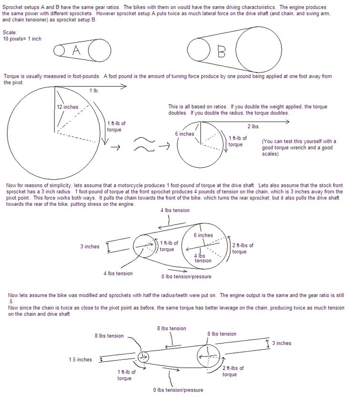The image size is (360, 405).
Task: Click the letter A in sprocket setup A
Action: (x=76, y=51)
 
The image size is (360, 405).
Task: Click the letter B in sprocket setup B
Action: (x=221, y=51)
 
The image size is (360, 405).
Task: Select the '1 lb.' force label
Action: (x=94, y=91)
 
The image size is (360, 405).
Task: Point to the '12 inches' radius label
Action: (x=67, y=107)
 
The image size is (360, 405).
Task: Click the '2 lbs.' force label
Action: (x=253, y=126)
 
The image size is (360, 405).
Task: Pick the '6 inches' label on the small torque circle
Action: (x=185, y=134)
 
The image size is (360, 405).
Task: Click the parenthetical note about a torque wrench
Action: (x=299, y=148)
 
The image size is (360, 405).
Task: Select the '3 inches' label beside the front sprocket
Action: (x=90, y=246)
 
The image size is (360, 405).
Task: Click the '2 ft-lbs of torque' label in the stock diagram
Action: (x=243, y=248)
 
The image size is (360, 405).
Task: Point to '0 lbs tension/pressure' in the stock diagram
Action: (x=186, y=276)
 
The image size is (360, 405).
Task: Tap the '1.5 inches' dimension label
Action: (x=80, y=360)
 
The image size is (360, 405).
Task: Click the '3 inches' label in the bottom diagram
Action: (x=281, y=343)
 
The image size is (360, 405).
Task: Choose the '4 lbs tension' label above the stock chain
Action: (x=175, y=210)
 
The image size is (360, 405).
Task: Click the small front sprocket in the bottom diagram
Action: (x=143, y=358)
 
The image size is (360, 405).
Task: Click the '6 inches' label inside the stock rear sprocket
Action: (x=203, y=235)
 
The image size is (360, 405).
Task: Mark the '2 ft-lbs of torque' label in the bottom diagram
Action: (x=233, y=371)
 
